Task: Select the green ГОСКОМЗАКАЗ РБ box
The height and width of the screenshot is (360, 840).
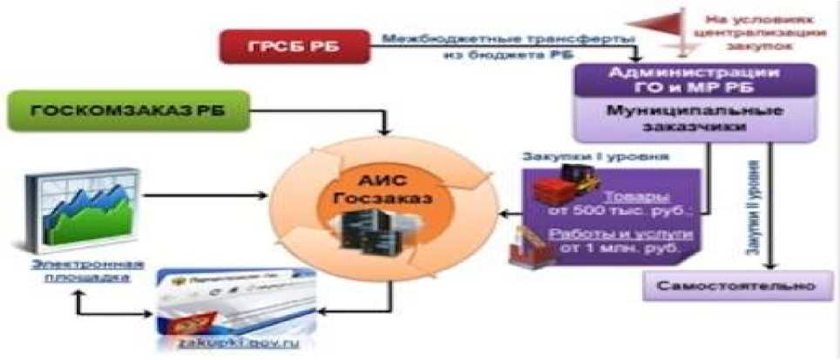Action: point(123,111)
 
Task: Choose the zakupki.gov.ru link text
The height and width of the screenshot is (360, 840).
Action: point(234,344)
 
